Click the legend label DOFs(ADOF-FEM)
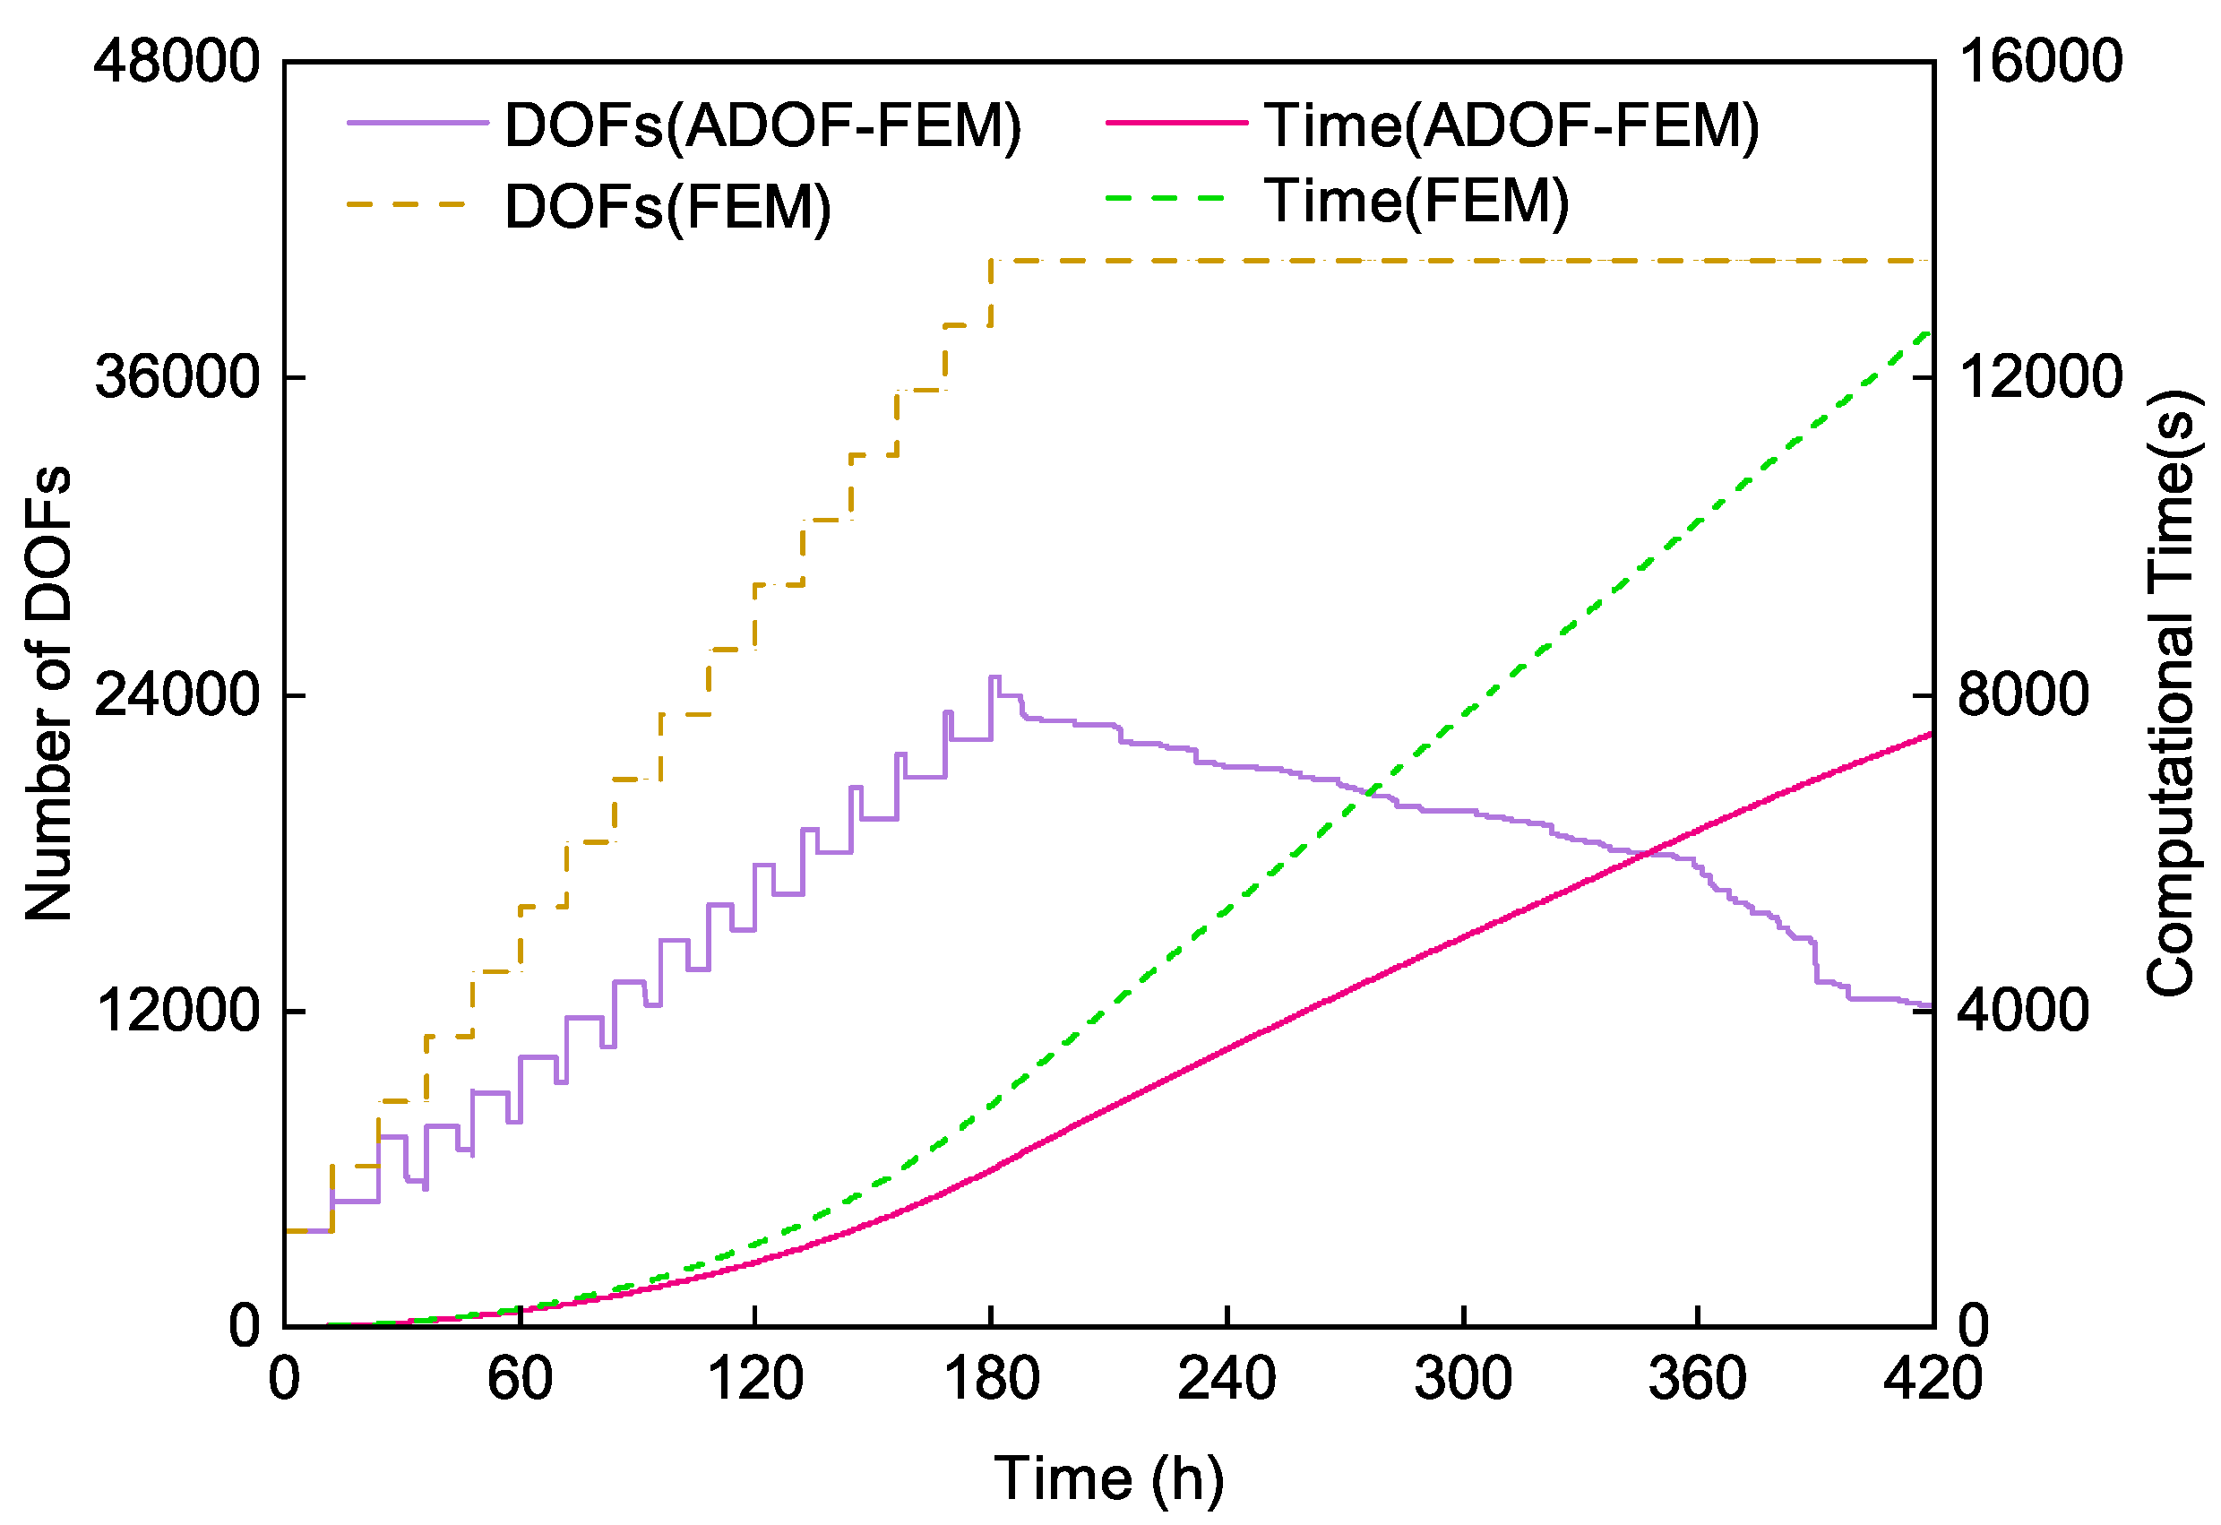point(762,125)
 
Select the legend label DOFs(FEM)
point(667,206)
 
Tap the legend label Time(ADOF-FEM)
point(1511,125)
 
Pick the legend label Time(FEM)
point(1416,202)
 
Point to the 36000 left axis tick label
point(176,377)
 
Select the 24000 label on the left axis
point(176,694)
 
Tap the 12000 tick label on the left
point(176,1010)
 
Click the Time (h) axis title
point(1108,1479)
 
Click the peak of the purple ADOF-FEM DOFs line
point(994,677)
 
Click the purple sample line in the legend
point(418,124)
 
